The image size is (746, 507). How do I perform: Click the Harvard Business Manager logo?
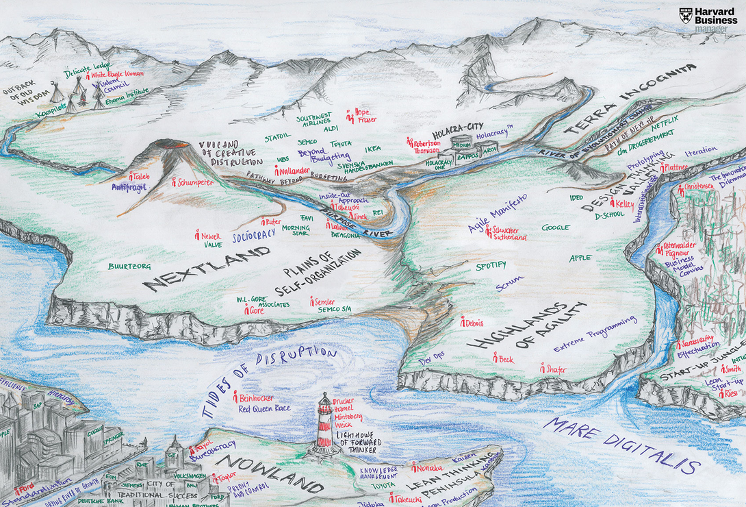[712, 20]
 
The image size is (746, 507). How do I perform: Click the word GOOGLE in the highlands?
[555, 227]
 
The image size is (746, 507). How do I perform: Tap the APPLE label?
[580, 258]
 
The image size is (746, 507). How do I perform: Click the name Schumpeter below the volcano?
[196, 183]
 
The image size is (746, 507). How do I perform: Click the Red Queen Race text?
[264, 409]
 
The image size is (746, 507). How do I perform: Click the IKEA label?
[373, 149]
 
